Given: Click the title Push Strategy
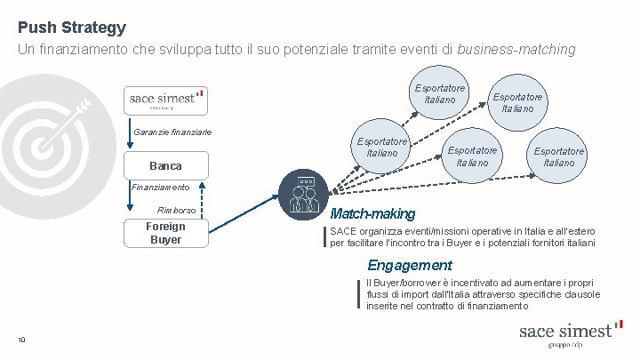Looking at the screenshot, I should [71, 28].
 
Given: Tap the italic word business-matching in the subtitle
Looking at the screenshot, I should [516, 50].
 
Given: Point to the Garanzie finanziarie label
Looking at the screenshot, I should [172, 132].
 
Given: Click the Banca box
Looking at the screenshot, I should [165, 166].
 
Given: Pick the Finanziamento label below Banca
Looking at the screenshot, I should [161, 188].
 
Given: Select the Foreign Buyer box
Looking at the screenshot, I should [165, 233].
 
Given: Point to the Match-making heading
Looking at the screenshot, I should [372, 214].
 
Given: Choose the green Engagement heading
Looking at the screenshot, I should [410, 265].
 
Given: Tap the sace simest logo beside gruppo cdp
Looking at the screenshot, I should [565, 330].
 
